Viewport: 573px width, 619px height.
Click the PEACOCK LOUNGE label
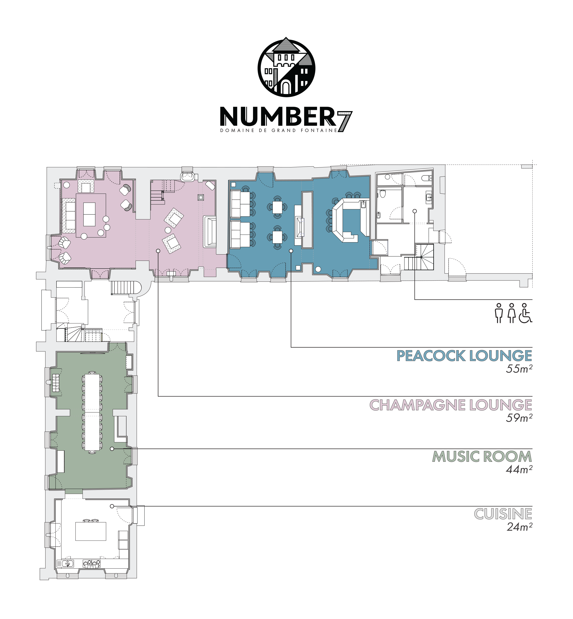464,356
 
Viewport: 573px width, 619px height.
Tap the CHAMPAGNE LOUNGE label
451,405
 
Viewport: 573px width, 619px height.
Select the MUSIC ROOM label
482,457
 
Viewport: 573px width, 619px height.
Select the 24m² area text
520,527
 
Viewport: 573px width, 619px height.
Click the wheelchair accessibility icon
525,313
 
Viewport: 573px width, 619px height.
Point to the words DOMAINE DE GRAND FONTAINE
278,131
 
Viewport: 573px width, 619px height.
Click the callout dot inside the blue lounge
291,251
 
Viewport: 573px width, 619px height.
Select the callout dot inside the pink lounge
158,251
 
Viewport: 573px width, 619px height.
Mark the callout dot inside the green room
112,449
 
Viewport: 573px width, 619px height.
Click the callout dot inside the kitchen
112,506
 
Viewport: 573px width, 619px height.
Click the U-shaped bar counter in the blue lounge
350,220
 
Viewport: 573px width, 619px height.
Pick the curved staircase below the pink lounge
126,288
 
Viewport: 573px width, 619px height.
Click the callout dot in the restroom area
414,211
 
